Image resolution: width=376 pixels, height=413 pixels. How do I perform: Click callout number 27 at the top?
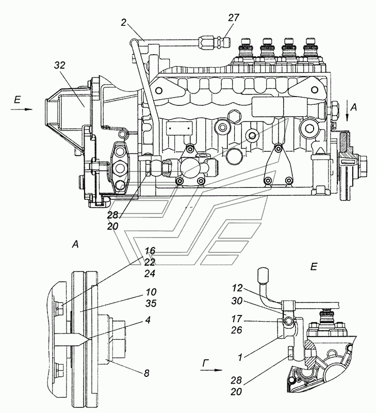234,18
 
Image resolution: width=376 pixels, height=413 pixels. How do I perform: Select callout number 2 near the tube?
123,23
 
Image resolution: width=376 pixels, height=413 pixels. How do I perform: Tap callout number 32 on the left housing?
59,65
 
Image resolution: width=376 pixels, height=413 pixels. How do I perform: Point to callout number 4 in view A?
148,320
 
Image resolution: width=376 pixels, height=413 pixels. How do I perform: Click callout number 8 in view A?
146,373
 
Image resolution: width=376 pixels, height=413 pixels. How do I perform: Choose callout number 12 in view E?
237,288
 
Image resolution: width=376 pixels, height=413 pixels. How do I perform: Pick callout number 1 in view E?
240,357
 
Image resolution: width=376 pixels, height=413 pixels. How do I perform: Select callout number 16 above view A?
150,250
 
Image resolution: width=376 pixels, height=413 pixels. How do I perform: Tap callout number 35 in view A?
151,304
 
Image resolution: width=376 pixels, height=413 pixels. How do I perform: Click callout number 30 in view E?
237,301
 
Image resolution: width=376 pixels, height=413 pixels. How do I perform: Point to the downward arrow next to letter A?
347,113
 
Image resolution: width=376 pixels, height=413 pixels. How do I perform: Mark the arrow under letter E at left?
22,109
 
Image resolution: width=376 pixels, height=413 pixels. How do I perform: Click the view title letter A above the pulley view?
75,245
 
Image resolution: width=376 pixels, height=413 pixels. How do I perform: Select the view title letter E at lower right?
314,267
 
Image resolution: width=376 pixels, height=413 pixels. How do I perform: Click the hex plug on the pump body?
234,116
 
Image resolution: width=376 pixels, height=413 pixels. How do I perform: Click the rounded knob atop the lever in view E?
263,275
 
